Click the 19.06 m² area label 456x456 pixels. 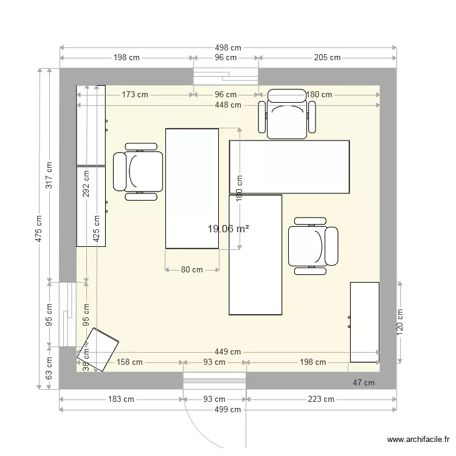228,229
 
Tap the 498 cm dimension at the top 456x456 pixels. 227,47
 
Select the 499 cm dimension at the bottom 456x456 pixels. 227,409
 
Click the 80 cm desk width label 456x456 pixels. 192,270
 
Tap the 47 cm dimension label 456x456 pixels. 364,382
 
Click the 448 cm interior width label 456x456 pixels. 227,105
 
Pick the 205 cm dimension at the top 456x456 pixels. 327,58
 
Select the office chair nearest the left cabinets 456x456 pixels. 139,171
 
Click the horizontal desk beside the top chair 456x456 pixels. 289,167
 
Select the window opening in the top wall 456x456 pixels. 226,77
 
